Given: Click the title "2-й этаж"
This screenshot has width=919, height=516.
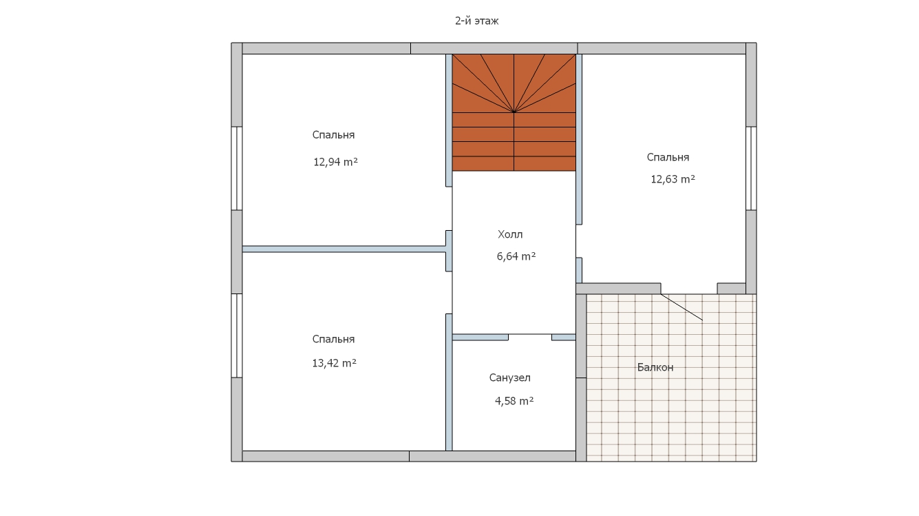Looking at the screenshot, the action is [477, 21].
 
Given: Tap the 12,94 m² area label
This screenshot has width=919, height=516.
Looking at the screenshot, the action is [336, 162].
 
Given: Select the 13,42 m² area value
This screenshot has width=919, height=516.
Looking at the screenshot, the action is [335, 363].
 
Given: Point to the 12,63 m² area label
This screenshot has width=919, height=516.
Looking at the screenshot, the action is [673, 179].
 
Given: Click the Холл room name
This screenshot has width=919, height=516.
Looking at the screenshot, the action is [510, 234].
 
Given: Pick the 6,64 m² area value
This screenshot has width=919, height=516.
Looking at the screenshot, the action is [516, 256].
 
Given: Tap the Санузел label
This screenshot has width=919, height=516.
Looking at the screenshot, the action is [509, 378].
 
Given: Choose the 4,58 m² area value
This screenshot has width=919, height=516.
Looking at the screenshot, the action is [514, 401].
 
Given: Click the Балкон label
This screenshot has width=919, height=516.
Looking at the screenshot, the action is [655, 367].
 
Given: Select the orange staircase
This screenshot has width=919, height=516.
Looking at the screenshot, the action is [514, 112].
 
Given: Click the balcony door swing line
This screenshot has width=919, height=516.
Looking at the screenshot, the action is [682, 307].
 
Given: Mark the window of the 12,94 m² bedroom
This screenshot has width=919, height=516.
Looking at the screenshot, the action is [237, 168].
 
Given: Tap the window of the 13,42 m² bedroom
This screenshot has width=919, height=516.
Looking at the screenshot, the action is [237, 336].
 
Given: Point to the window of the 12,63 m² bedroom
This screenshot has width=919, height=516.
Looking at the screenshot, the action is [751, 168].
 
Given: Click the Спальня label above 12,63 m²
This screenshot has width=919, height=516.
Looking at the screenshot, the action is [668, 157].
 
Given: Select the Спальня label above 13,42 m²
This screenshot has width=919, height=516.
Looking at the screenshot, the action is [333, 340].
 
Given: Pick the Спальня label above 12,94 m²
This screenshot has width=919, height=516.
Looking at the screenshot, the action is [333, 135].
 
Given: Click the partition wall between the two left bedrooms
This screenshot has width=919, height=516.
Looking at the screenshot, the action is [344, 249].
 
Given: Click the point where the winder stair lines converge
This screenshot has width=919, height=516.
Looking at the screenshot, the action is [514, 112].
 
